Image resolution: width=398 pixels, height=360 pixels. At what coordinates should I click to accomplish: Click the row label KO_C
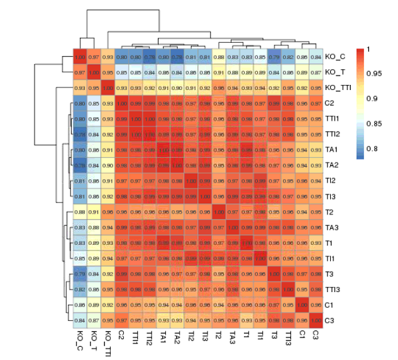click(x=334, y=57)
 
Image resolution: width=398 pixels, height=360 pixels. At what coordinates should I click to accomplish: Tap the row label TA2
click(x=332, y=164)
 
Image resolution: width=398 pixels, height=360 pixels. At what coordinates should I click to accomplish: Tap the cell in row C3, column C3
click(x=316, y=320)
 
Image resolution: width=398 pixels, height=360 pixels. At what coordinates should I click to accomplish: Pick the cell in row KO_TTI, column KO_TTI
click(x=108, y=87)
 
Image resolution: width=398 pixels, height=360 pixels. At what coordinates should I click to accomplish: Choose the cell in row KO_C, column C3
click(x=316, y=57)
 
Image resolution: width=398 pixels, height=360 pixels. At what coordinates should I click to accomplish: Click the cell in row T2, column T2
click(x=219, y=211)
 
